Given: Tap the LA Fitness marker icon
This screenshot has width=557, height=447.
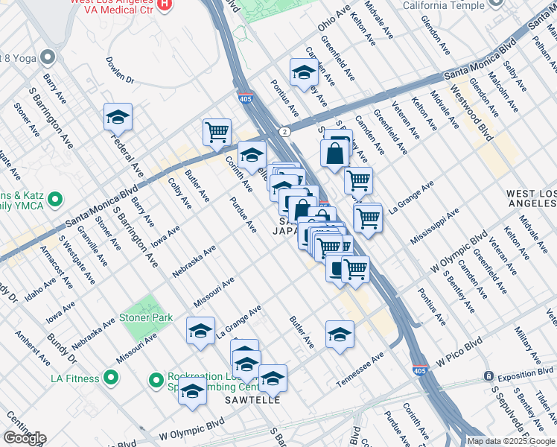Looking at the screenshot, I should pos(111,378).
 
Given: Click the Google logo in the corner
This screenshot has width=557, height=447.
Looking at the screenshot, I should pos(24,437).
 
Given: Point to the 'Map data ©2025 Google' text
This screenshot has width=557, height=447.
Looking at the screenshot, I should pos(510,441).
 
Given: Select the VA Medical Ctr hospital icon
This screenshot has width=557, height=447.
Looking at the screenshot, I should pos(165,4).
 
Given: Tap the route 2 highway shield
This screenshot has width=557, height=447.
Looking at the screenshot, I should pos(284,131).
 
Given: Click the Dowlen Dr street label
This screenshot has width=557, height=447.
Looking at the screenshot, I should pos(120,70).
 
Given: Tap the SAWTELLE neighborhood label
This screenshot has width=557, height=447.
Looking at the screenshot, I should pos(253,400).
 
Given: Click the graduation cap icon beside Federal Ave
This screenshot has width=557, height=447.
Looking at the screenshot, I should pos(118,117).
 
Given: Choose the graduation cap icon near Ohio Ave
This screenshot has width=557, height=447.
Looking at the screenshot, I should pos(303,72).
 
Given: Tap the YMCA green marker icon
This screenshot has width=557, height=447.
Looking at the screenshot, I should pos(55,200).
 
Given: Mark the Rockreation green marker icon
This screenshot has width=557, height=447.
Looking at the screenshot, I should pos(156,381).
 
